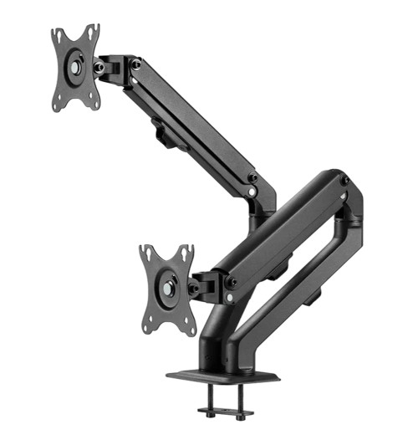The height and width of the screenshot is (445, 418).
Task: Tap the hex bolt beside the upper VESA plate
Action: (x=99, y=67)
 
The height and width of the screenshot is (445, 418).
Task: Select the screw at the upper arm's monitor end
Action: (x=135, y=64)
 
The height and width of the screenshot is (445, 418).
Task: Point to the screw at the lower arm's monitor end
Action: (x=231, y=282)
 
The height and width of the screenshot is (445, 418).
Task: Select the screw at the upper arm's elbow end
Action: (x=252, y=178)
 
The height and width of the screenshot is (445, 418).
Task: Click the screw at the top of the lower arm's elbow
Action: (x=344, y=182)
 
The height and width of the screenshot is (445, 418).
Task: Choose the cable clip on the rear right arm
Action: (x=310, y=295)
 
